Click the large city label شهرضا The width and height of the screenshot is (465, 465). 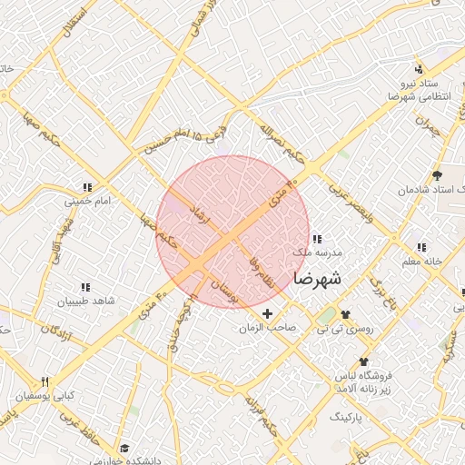tap(317, 279)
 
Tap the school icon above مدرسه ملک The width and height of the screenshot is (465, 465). tap(316, 238)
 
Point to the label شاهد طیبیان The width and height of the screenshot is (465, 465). tap(86, 301)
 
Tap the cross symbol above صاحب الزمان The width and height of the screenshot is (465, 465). tap(266, 313)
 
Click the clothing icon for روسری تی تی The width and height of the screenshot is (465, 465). tap(345, 313)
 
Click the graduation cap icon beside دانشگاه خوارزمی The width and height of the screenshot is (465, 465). tap(124, 449)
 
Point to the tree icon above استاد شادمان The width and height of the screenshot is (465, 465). tap(438, 175)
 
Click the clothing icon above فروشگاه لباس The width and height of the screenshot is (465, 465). tap(363, 362)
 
